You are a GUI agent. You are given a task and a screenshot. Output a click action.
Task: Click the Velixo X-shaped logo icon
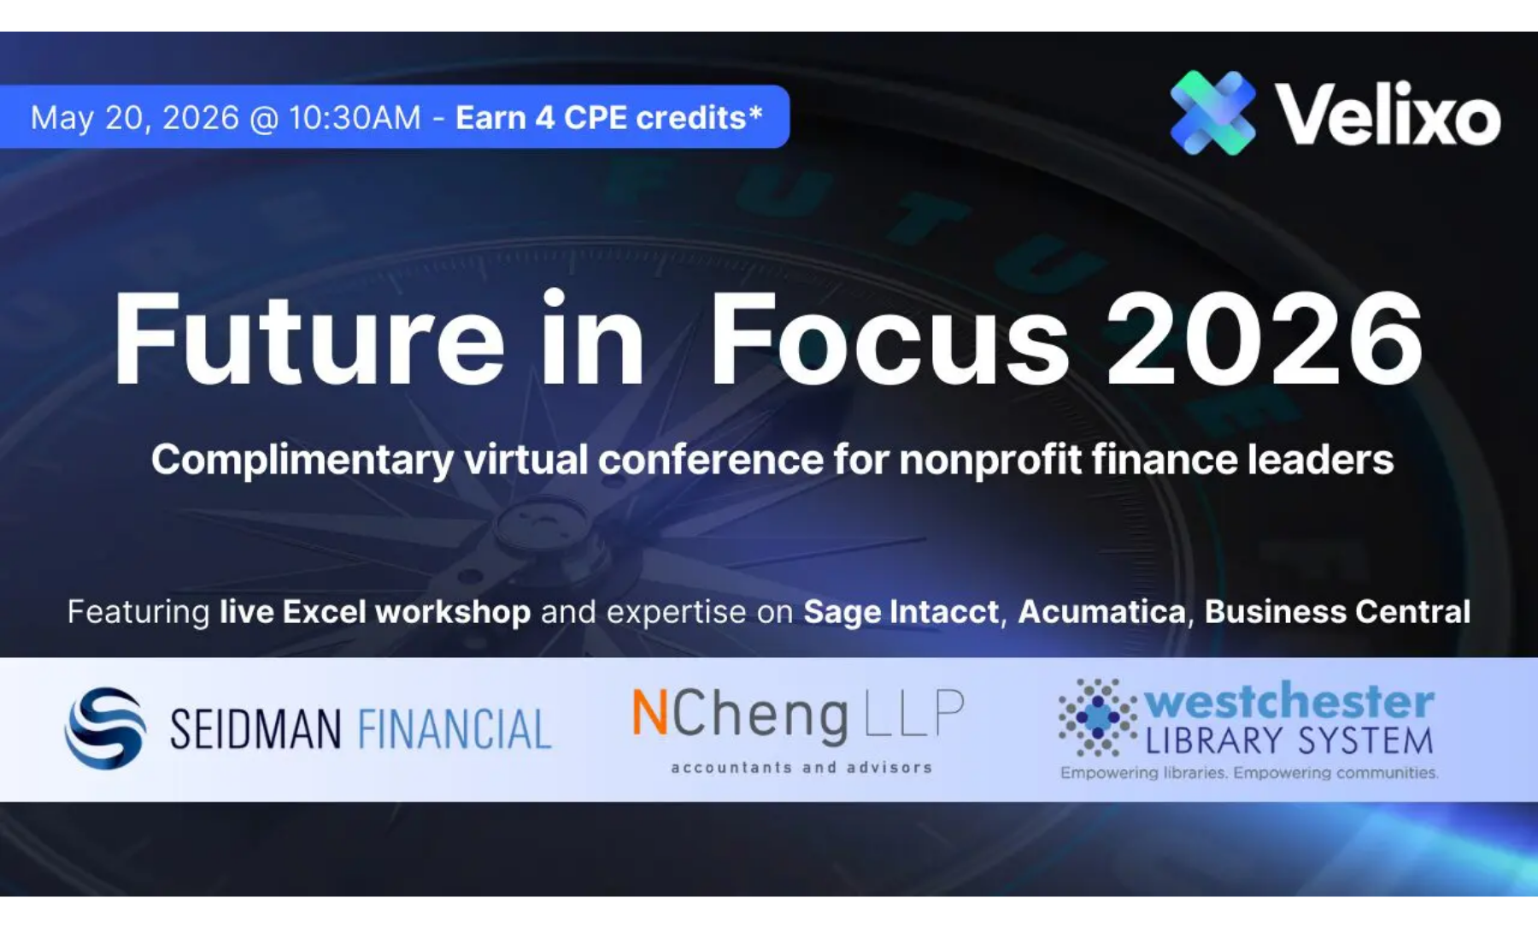click(x=1212, y=113)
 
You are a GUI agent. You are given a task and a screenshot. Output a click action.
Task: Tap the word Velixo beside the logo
click(x=1388, y=115)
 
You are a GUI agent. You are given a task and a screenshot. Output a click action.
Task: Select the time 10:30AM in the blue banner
click(x=355, y=118)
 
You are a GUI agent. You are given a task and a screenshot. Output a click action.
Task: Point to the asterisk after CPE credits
click(x=754, y=111)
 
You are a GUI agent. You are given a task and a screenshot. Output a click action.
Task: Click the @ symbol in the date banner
click(x=264, y=119)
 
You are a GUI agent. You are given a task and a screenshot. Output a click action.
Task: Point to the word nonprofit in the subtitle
click(x=990, y=461)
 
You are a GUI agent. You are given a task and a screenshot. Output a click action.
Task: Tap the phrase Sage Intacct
click(x=901, y=612)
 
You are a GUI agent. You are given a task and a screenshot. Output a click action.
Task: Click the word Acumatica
click(x=1101, y=612)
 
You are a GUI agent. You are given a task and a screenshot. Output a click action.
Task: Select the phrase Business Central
click(x=1337, y=612)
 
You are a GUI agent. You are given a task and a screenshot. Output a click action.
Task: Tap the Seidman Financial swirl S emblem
click(x=105, y=728)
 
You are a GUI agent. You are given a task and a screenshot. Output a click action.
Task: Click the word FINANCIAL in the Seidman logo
click(x=455, y=729)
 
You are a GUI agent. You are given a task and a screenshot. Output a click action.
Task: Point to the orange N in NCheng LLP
click(x=650, y=713)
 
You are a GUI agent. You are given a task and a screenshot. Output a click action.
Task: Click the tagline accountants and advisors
click(x=801, y=767)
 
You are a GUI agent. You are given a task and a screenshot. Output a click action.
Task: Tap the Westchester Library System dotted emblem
click(x=1098, y=718)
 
